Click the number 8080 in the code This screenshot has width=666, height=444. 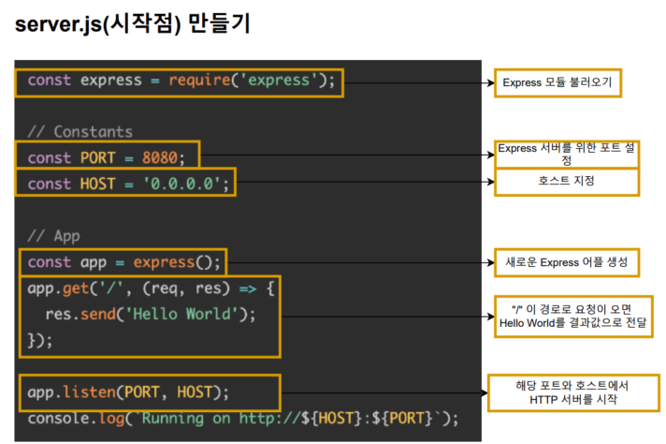[x=163, y=156]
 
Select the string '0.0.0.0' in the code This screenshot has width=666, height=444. [x=185, y=183]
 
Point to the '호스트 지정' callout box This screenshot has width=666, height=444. [x=567, y=181]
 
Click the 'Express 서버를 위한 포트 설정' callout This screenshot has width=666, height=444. [x=567, y=154]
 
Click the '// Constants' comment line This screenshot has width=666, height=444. [x=80, y=131]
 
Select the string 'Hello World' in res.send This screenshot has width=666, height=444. [x=189, y=314]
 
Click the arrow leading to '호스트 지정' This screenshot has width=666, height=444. [x=365, y=182]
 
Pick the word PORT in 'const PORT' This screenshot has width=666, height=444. [x=98, y=156]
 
